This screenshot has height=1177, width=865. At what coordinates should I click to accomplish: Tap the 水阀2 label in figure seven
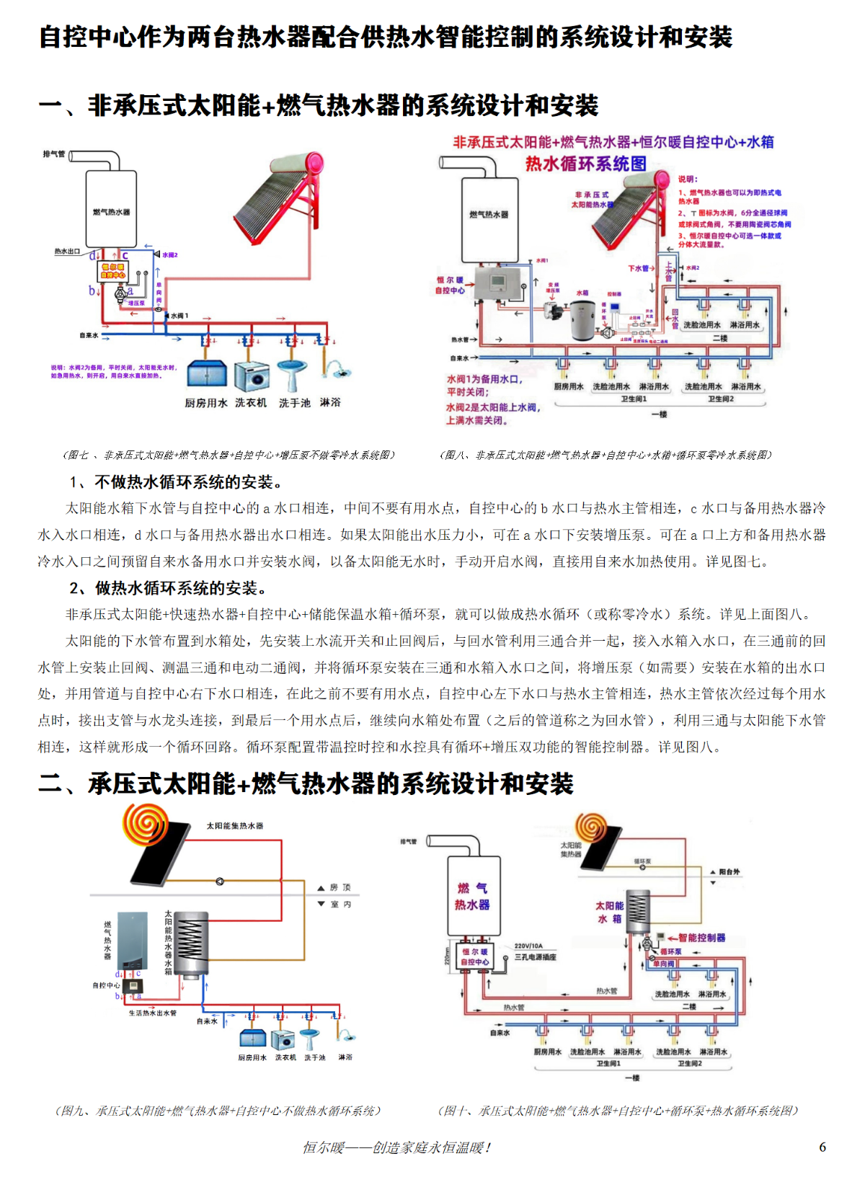click(170, 255)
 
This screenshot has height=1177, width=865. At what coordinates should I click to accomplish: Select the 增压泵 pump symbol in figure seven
click(121, 294)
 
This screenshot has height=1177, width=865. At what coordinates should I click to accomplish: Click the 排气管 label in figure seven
click(53, 154)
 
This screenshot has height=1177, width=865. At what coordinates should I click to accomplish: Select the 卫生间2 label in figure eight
click(720, 399)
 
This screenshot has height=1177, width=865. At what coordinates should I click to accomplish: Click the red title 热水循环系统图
click(585, 164)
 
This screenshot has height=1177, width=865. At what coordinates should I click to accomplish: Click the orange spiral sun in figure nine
click(146, 824)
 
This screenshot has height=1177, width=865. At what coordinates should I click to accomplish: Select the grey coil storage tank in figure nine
click(192, 943)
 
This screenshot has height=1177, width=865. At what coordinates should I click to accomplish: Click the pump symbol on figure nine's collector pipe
click(220, 881)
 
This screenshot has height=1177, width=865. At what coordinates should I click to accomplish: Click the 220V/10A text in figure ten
click(528, 946)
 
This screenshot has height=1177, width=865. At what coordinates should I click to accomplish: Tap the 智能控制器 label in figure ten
click(701, 938)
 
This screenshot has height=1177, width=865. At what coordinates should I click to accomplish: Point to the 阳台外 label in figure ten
click(729, 871)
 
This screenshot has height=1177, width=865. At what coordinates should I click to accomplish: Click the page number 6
click(822, 1147)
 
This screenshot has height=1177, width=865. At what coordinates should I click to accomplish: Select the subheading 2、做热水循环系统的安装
click(170, 588)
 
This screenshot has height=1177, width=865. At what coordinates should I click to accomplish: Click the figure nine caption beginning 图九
click(218, 1111)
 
